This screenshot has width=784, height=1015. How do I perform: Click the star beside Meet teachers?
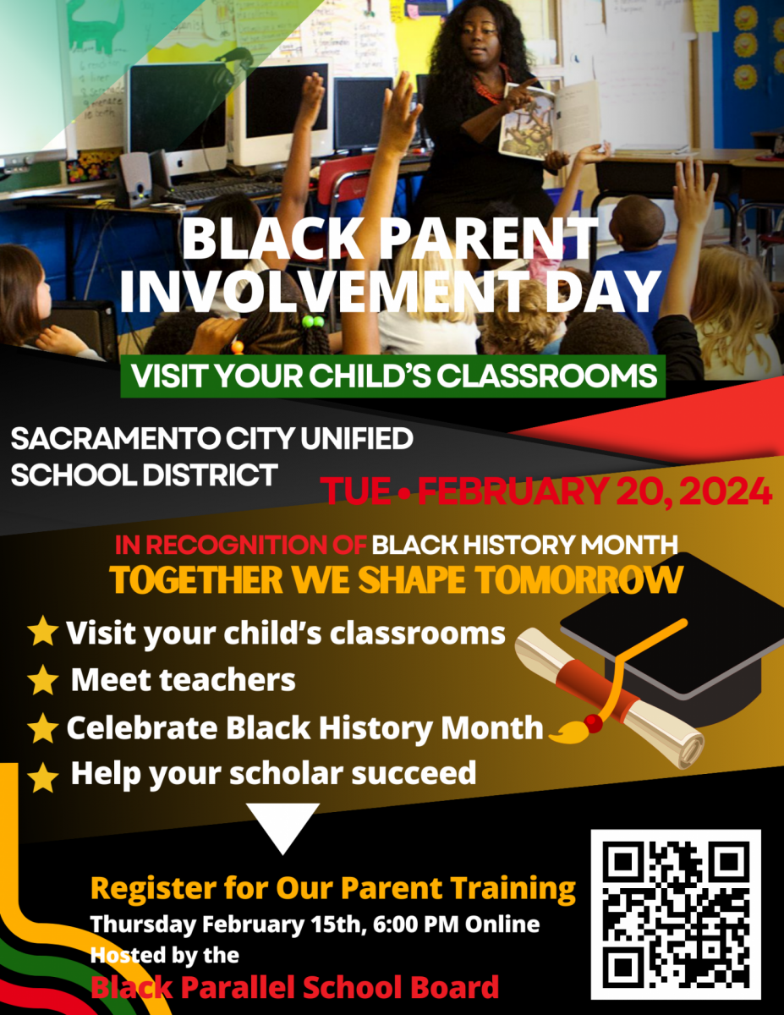pyautogui.click(x=43, y=680)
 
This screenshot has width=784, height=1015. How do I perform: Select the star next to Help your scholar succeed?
pyautogui.click(x=43, y=777)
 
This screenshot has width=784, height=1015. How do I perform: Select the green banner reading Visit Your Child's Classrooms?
pyautogui.click(x=392, y=376)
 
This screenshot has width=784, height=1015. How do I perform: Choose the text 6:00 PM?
pyautogui.click(x=416, y=924)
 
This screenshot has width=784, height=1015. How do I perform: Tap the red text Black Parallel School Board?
pyautogui.click(x=294, y=987)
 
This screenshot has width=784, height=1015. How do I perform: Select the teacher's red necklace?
pyautogui.click(x=490, y=85)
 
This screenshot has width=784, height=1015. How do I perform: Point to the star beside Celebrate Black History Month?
pyautogui.click(x=43, y=728)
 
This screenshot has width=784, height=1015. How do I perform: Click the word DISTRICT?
pyautogui.click(x=210, y=475)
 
